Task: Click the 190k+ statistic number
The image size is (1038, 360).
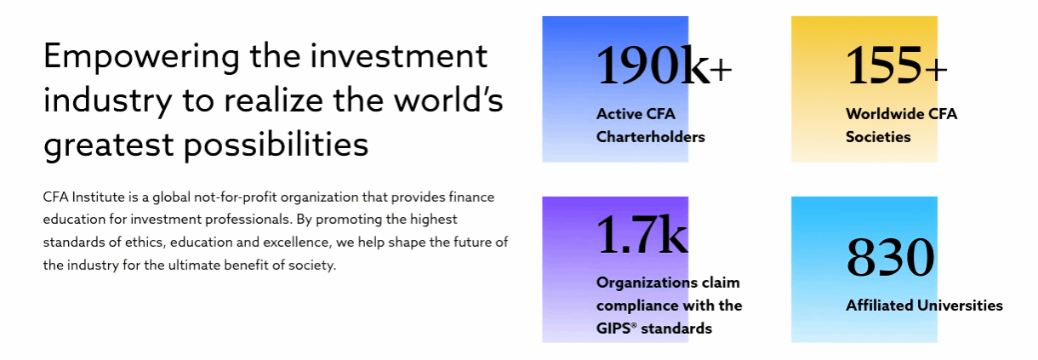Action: (664, 66)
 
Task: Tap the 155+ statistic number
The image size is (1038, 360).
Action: (896, 66)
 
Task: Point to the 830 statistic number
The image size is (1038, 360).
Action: (890, 257)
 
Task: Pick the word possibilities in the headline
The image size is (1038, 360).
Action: (276, 146)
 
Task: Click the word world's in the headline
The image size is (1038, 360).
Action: (448, 100)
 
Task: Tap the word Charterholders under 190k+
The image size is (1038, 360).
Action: (650, 137)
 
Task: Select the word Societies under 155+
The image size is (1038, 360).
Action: (878, 137)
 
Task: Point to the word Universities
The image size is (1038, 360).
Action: (960, 306)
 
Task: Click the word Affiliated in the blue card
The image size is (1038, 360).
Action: (879, 306)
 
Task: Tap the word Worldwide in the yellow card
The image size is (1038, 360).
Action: (878, 114)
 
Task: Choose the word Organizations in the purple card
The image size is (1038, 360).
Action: (647, 283)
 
